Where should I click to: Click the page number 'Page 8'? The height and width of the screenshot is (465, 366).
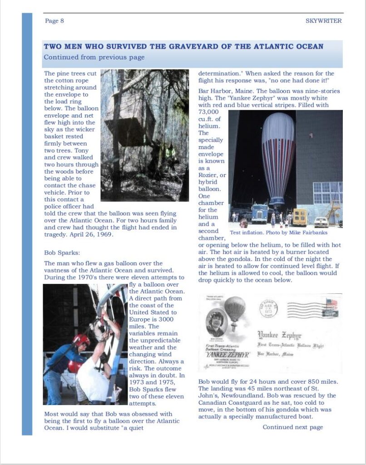pos(54,21)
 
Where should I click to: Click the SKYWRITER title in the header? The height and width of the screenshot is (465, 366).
pos(323,21)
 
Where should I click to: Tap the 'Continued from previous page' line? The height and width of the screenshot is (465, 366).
pos(94,57)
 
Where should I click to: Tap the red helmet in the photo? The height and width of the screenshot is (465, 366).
pos(81,340)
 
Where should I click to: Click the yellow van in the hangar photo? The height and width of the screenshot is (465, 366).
pos(299,217)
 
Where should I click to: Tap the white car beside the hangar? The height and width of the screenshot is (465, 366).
pos(321,222)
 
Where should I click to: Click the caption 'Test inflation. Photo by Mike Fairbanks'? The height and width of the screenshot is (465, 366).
pos(279,232)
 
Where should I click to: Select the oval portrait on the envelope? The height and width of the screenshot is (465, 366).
pos(216,323)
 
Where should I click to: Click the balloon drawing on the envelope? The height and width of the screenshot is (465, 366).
pos(235,310)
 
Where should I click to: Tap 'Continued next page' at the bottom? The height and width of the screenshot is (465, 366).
pos(292,427)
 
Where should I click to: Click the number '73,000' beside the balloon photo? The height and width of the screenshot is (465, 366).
pos(209,112)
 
